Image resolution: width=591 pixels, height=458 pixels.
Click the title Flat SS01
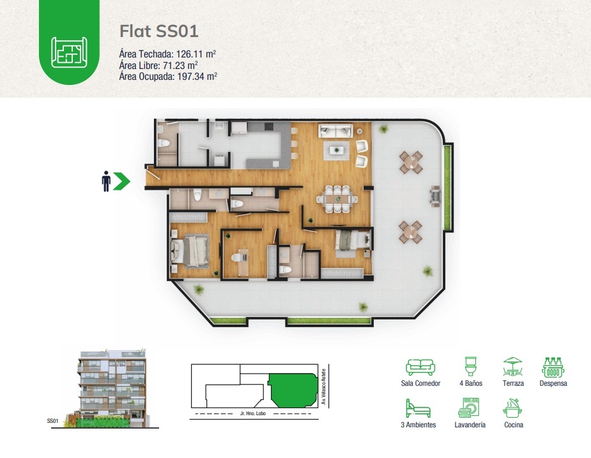point(158,31)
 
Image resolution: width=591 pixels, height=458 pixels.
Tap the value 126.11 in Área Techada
point(190,54)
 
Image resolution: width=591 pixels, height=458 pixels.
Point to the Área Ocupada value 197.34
point(191,77)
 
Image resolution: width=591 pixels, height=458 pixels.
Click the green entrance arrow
point(122,181)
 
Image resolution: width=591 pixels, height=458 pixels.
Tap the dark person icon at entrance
point(106,181)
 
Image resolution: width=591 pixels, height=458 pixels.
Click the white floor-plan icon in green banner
point(70,52)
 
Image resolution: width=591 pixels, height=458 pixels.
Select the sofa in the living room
point(335,130)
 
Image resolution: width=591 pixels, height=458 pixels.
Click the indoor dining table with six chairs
point(337,199)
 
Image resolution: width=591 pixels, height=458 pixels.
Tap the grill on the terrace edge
point(435,196)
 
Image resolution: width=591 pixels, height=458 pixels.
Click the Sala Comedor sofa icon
point(420,367)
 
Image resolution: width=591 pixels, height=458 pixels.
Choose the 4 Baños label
point(471,383)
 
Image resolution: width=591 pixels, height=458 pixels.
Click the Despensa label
point(553,383)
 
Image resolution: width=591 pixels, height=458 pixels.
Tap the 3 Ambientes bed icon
point(418,408)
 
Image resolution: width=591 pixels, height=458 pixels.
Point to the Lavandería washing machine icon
point(469,408)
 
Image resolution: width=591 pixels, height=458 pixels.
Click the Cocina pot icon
point(513,408)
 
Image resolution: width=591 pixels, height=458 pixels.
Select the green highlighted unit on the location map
point(293,390)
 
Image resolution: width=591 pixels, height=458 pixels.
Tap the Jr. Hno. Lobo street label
point(253,413)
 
